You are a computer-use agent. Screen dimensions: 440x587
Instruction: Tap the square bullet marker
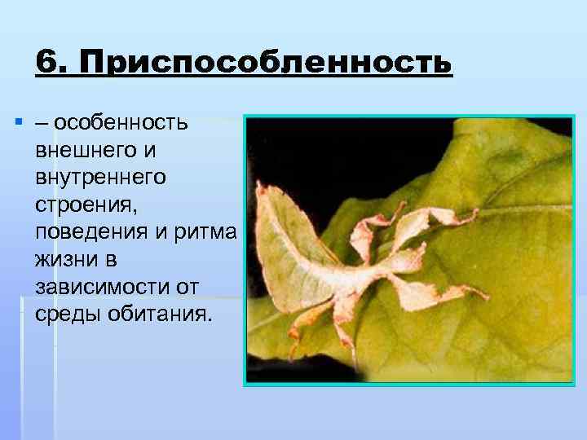[x=17, y=123]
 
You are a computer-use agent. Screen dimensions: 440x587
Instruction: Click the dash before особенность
[x=42, y=124]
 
